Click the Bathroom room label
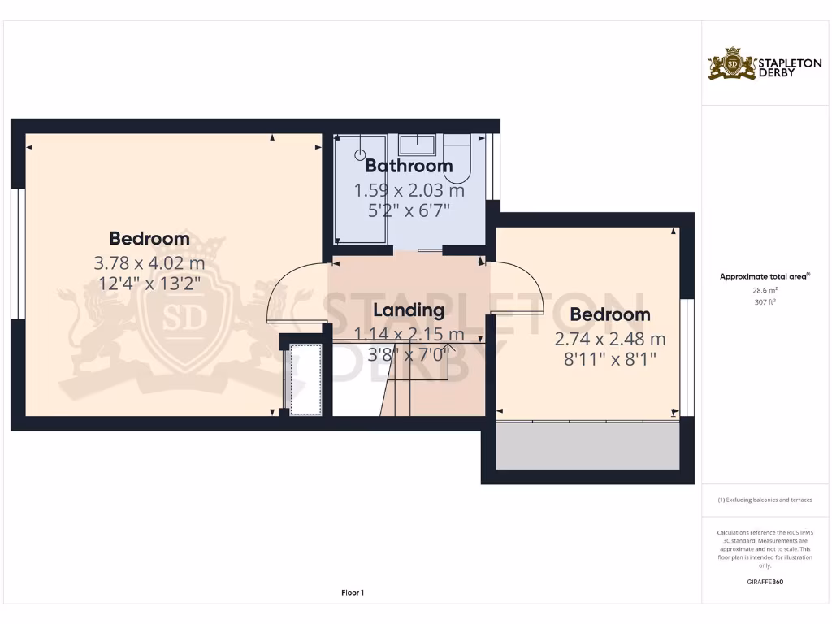click(x=409, y=166)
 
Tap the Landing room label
click(x=409, y=310)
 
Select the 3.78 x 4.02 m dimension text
click(x=149, y=263)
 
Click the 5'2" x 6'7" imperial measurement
click(x=409, y=210)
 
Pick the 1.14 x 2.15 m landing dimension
click(x=409, y=334)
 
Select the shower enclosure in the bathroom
click(x=362, y=191)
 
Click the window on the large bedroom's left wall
click(x=16, y=253)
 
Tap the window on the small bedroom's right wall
click(x=687, y=357)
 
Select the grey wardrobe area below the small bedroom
click(x=587, y=446)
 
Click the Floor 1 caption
click(x=352, y=593)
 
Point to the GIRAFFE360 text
click(x=765, y=582)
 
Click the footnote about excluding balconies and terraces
click(x=765, y=500)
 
